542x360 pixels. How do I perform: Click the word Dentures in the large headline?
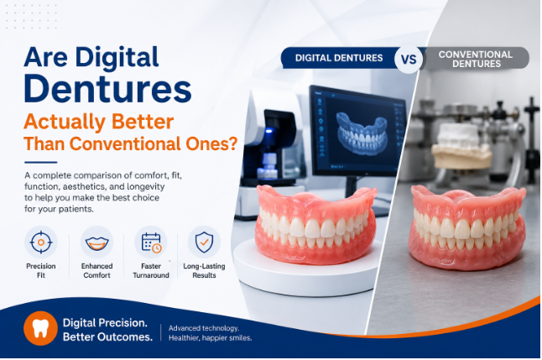[107, 88]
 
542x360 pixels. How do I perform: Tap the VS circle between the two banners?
[409, 59]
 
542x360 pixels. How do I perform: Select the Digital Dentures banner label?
[339, 58]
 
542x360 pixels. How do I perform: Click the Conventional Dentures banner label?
[476, 59]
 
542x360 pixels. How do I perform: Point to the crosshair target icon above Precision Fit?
[41, 242]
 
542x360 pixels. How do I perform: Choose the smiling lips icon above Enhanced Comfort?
[96, 243]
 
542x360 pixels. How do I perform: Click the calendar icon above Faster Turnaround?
[151, 243]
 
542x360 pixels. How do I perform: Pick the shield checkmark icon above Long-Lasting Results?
[204, 242]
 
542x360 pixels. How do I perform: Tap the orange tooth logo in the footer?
[40, 328]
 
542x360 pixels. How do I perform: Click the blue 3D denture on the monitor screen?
[362, 133]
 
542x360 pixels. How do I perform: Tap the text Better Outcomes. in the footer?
[108, 337]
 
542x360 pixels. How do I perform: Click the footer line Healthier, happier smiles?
[210, 338]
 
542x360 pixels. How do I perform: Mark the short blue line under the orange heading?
[41, 162]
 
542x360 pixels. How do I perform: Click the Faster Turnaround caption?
[151, 271]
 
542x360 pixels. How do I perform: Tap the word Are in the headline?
[45, 57]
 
